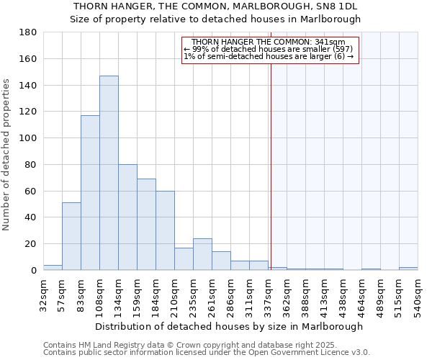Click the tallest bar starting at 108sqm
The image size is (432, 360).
pyautogui.click(x=109, y=173)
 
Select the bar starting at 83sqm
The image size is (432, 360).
pyautogui.click(x=90, y=192)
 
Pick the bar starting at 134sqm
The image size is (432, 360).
pyautogui.click(x=127, y=217)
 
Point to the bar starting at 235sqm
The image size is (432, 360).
pyautogui.click(x=202, y=254)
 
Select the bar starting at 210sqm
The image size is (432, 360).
pyautogui.click(x=184, y=258)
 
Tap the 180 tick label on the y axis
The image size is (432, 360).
pyautogui.click(x=28, y=32)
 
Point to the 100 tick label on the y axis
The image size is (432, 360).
pyautogui.click(x=28, y=138)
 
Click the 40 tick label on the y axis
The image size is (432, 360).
pyautogui.click(x=31, y=217)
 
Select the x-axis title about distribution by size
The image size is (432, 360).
pyautogui.click(x=229, y=326)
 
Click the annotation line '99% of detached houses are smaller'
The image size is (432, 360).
pyautogui.click(x=269, y=49)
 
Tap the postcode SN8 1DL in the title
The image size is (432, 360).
pyautogui.click(x=334, y=6)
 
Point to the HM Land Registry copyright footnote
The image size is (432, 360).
pyautogui.click(x=196, y=345)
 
